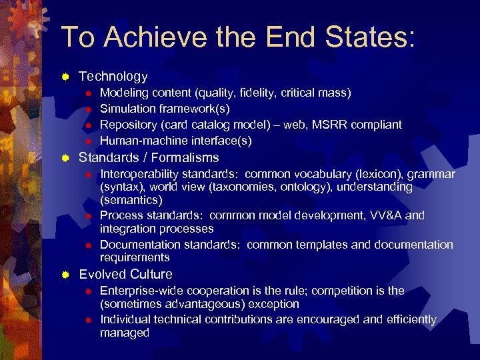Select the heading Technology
click(113, 77)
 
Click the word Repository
click(129, 125)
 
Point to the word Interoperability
click(141, 174)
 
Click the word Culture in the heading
click(151, 274)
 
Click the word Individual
click(125, 319)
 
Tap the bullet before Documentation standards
click(87, 245)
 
